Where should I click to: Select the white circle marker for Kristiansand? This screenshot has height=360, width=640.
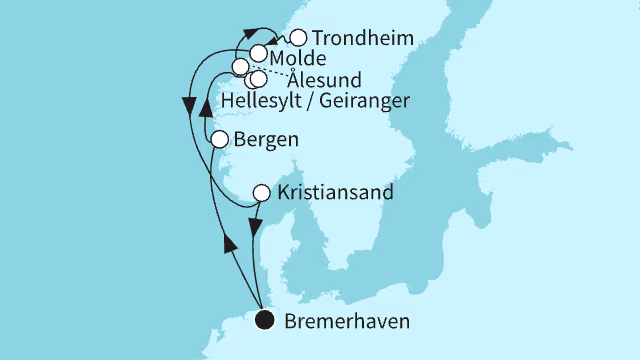pos(261,192)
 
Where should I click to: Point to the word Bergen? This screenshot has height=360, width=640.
pos(264,140)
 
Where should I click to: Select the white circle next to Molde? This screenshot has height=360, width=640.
pos(259,53)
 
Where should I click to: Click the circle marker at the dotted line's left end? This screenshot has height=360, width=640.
pos(241,67)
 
